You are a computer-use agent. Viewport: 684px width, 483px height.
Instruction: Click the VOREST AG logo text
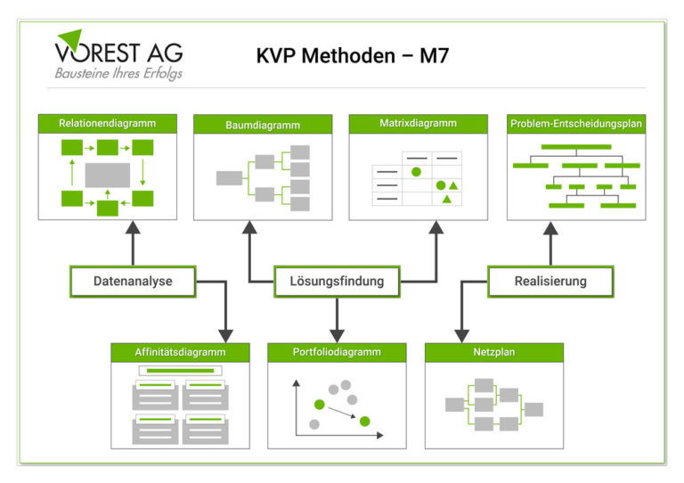click(x=118, y=53)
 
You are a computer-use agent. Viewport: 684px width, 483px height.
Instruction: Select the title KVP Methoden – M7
click(x=353, y=56)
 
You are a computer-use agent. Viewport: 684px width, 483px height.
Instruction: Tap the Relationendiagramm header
click(x=107, y=124)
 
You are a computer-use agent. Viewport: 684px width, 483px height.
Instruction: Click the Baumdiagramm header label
click(x=263, y=126)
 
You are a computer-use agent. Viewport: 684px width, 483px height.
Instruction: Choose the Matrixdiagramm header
click(x=418, y=124)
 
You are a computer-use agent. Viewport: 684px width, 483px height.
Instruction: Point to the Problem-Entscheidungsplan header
click(x=576, y=124)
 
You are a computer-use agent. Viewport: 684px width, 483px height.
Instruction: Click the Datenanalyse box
click(x=133, y=282)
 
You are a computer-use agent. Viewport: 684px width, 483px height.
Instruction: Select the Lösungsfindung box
click(x=337, y=282)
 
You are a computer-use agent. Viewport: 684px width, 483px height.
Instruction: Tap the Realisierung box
click(x=550, y=282)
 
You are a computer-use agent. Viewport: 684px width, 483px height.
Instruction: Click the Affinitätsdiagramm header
click(x=180, y=353)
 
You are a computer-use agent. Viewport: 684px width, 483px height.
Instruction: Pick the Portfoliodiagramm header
click(x=337, y=353)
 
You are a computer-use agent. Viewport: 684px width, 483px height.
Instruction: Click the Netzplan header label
click(x=494, y=352)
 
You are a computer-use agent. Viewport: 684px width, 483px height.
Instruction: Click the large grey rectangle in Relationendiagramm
click(x=107, y=175)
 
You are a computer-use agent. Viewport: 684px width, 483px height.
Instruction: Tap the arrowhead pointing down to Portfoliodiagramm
click(x=337, y=336)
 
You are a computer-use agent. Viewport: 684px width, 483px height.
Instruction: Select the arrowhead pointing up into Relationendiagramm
click(x=133, y=227)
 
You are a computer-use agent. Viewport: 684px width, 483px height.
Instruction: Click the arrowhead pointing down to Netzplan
click(x=461, y=336)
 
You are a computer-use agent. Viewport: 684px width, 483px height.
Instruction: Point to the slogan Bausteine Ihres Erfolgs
click(x=118, y=73)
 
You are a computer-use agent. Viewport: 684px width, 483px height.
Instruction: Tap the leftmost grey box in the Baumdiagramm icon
click(x=230, y=178)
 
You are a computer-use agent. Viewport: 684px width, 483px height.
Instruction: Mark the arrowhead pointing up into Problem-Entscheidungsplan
click(x=550, y=228)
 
